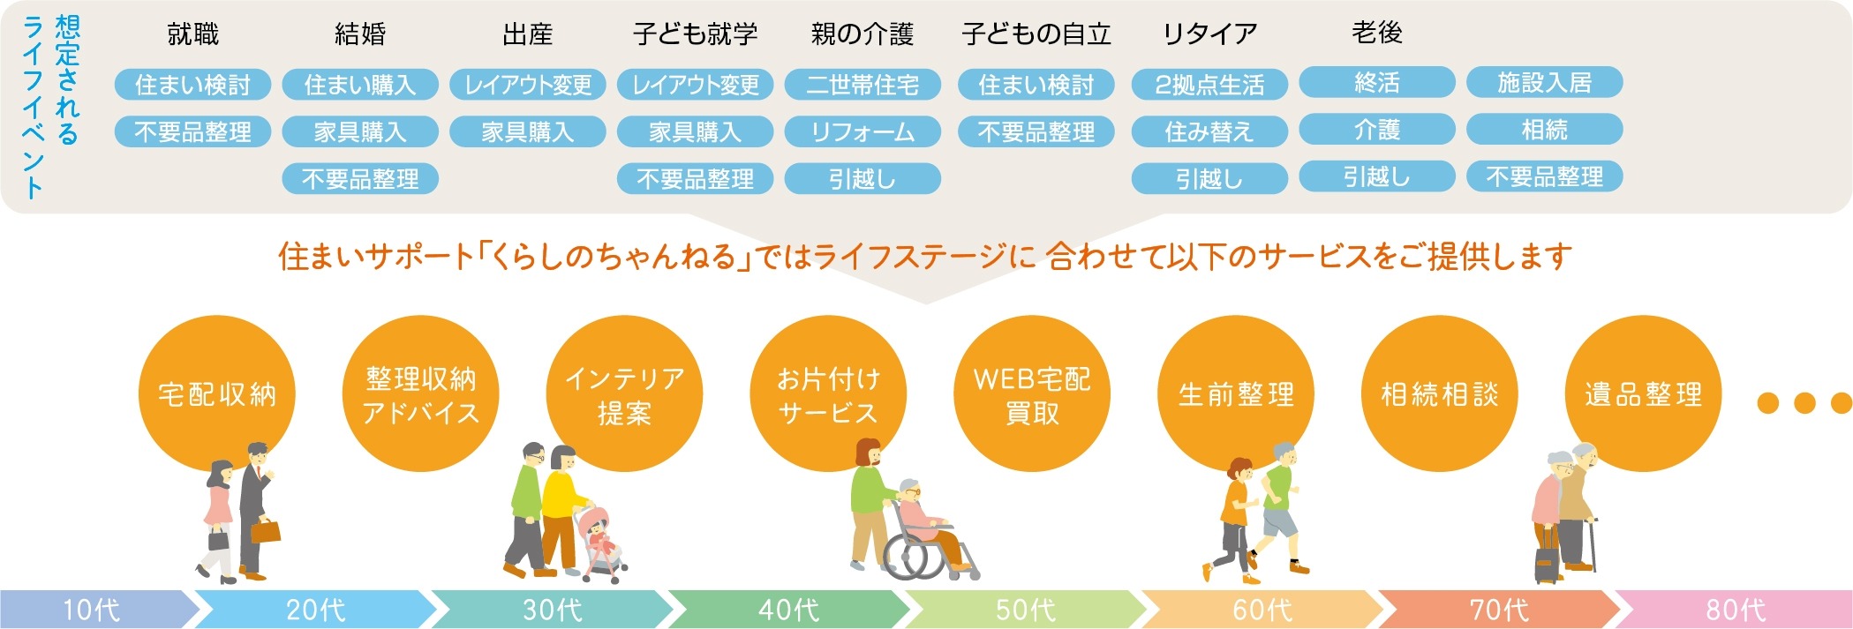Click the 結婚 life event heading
click(x=360, y=34)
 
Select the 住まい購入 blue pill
click(x=360, y=85)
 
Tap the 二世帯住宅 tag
click(x=862, y=85)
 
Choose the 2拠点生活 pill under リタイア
click(x=1209, y=85)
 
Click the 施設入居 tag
click(x=1545, y=83)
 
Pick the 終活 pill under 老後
click(x=1377, y=83)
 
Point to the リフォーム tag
click(x=862, y=132)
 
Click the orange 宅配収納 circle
click(x=217, y=393)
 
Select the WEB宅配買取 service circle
click(x=1032, y=393)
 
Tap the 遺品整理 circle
click(x=1643, y=393)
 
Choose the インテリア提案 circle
click(x=624, y=393)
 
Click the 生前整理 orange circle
click(x=1236, y=393)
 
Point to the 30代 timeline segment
click(x=553, y=610)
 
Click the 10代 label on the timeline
click(x=91, y=610)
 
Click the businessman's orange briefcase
click(x=265, y=531)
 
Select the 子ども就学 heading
click(x=695, y=34)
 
